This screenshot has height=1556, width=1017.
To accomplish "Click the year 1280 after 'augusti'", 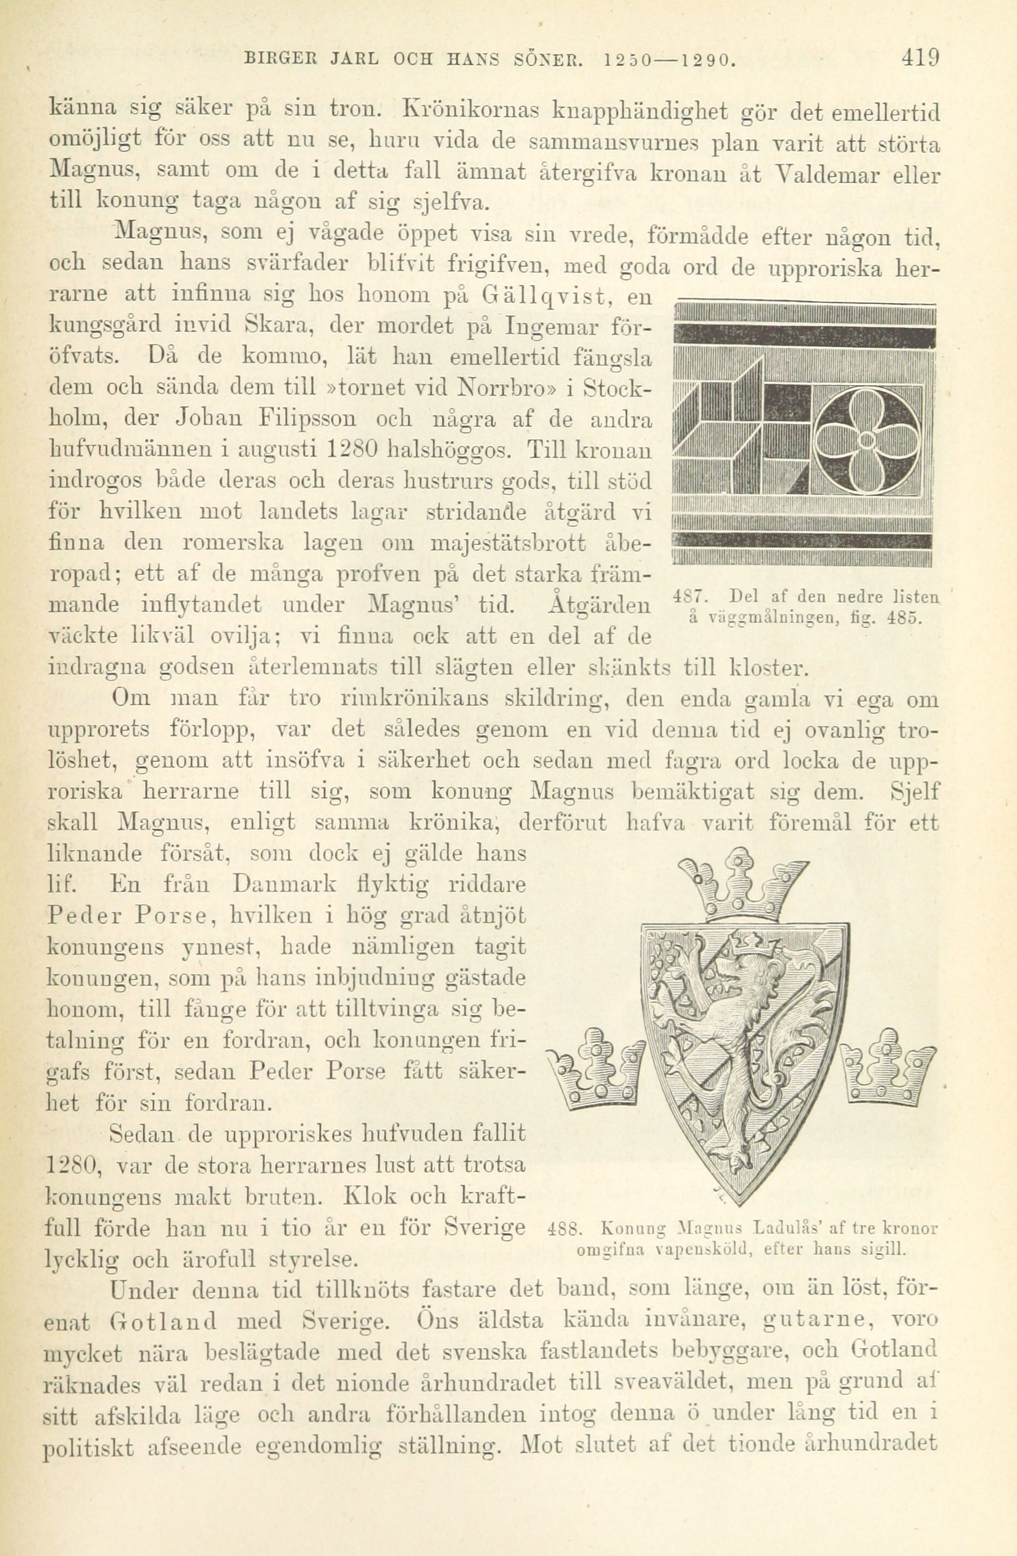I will [x=352, y=449].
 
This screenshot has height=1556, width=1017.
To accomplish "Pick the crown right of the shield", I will [x=887, y=1064].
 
